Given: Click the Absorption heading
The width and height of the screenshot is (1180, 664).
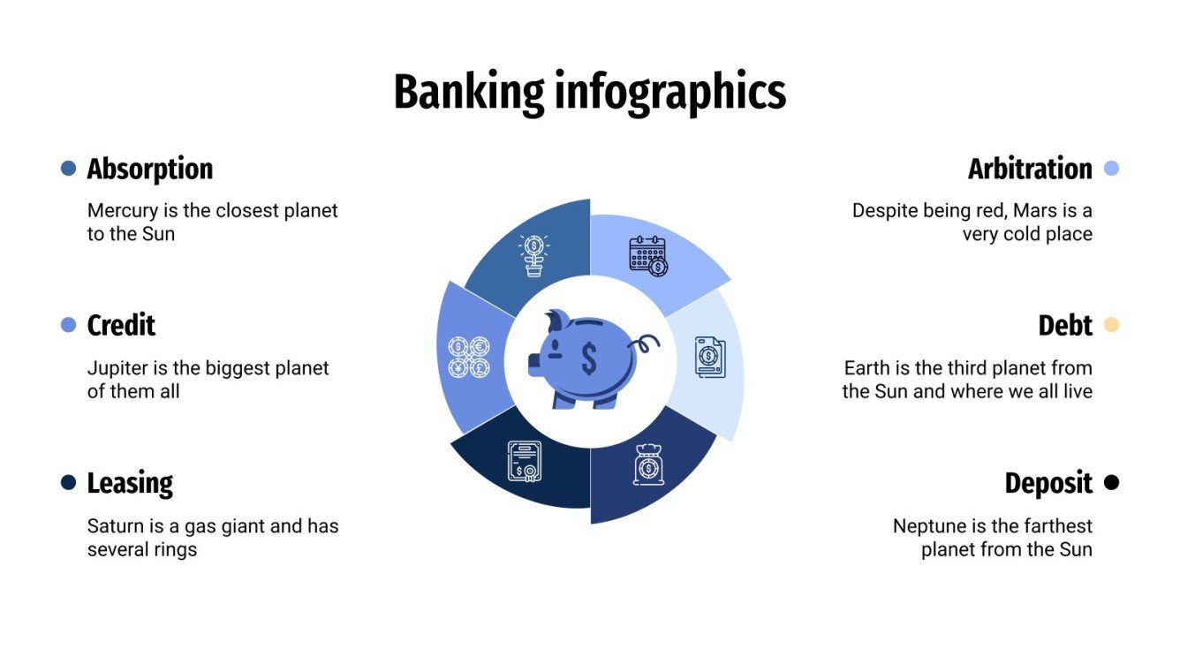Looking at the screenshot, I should (x=149, y=169).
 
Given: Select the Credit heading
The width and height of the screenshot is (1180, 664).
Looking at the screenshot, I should (x=121, y=326).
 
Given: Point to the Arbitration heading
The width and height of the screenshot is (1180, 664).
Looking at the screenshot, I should (x=1030, y=169).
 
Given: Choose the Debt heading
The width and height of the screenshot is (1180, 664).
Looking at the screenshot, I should (x=1065, y=326).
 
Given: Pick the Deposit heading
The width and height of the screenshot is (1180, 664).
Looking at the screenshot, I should (x=1048, y=483).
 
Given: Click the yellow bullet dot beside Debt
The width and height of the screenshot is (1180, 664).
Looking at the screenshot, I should (x=1112, y=325).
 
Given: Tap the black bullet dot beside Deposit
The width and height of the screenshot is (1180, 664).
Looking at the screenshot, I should (x=1112, y=482).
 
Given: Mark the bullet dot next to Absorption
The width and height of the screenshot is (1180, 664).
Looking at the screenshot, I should (x=68, y=168).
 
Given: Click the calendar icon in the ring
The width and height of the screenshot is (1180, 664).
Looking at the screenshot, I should (x=648, y=254).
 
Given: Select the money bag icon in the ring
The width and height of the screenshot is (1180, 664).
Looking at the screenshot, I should (x=648, y=464).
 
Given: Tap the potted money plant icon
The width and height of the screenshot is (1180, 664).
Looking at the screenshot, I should (x=533, y=255).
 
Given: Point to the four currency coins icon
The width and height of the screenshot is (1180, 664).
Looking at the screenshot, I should (x=468, y=357).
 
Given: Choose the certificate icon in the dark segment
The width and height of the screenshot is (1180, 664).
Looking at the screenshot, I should (x=524, y=461).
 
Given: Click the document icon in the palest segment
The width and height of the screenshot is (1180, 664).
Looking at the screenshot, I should (x=709, y=357).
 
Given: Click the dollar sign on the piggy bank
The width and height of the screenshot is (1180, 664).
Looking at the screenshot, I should (x=588, y=358).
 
